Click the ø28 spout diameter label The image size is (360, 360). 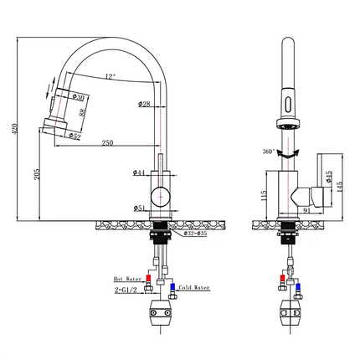pos(143,104)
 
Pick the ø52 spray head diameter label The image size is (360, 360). pos(73,136)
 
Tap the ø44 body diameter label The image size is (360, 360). pos(139,172)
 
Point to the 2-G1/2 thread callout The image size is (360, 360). pos(126,291)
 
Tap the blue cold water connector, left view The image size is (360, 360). pos(170,289)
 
